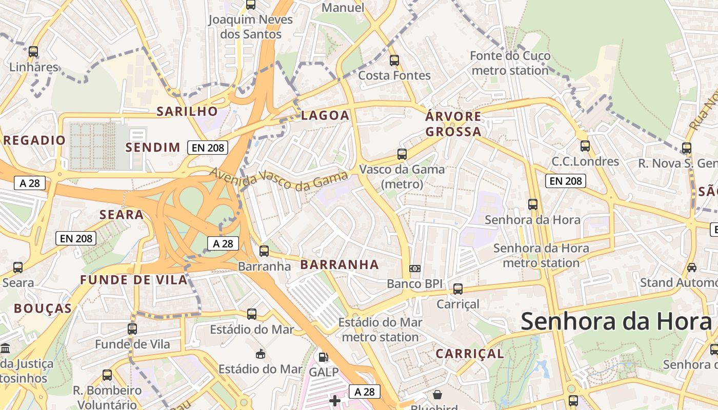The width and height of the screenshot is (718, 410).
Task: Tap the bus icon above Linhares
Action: pyautogui.click(x=33, y=52)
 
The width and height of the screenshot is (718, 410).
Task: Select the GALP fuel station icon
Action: pyautogui.click(x=323, y=357)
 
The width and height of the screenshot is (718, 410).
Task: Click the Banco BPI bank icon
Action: pyautogui.click(x=414, y=269)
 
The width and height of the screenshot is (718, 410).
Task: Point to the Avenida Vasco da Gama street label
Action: pyautogui.click(x=278, y=180)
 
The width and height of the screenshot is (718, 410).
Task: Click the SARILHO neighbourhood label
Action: pyautogui.click(x=187, y=111)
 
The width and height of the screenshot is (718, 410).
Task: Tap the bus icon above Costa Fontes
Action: pyautogui.click(x=394, y=60)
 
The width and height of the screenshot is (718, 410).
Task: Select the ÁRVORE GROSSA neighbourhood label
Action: pyautogui.click(x=453, y=124)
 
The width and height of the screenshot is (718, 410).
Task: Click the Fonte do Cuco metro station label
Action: pyautogui.click(x=510, y=63)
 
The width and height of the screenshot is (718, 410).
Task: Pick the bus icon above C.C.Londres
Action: pyautogui.click(x=585, y=146)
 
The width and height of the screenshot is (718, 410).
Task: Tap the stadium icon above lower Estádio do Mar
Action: pyautogui.click(x=261, y=354)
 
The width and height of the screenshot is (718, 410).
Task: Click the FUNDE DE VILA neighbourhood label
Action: pyautogui.click(x=134, y=280)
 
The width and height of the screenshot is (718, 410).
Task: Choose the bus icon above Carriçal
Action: pyautogui.click(x=458, y=289)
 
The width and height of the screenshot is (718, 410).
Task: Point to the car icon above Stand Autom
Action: pyautogui.click(x=691, y=267)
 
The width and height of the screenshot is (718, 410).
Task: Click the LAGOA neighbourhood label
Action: pyautogui.click(x=325, y=115)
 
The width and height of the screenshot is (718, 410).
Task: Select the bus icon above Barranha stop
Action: pyautogui.click(x=264, y=251)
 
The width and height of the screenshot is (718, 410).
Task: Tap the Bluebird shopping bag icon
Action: pyautogui.click(x=437, y=395)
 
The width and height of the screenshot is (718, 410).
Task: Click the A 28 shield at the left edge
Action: pyautogui.click(x=30, y=183)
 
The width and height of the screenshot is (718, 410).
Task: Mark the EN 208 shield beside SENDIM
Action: pyautogui.click(x=208, y=148)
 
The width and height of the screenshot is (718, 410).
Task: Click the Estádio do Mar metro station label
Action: pyautogui.click(x=380, y=330)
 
